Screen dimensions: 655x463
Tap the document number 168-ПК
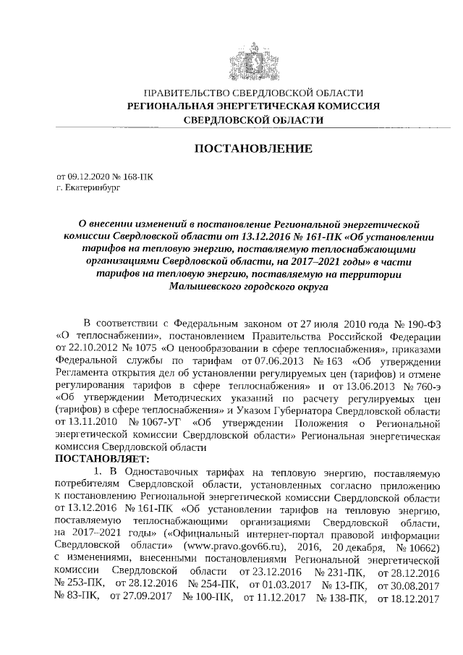[x=138, y=176]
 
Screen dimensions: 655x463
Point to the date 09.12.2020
[x=86, y=176]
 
